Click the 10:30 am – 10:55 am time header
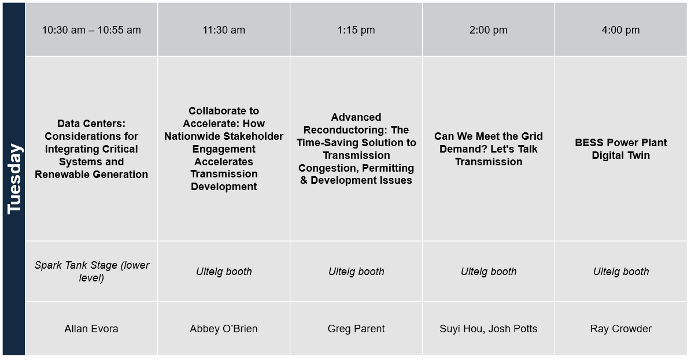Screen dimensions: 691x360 [x=91, y=30]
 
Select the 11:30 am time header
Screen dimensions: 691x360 [x=224, y=30]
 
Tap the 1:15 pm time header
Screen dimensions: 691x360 [x=356, y=30]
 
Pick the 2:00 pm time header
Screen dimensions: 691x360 [x=488, y=30]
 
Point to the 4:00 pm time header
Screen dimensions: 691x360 [x=620, y=30]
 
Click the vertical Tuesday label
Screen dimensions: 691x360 [x=14, y=179]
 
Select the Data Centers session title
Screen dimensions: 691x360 [x=91, y=149]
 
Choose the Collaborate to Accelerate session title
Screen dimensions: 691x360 [x=224, y=149]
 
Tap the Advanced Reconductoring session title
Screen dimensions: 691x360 [x=356, y=149]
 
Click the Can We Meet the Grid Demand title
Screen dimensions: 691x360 [x=488, y=149]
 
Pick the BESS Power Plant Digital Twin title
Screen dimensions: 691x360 [x=620, y=149]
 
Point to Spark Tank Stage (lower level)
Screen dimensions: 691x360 [x=92, y=272]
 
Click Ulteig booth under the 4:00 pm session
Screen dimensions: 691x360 [x=621, y=272]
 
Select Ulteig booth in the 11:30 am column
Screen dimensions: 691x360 [x=224, y=272]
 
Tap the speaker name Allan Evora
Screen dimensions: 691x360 [x=91, y=329]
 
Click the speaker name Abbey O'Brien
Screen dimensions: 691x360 [x=224, y=329]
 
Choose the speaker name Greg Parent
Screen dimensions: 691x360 [x=356, y=329]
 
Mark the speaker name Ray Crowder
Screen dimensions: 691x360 [x=621, y=329]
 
